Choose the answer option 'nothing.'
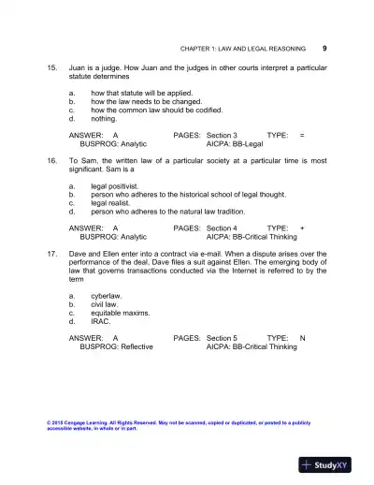104,119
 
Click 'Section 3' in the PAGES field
222,136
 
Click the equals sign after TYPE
302,136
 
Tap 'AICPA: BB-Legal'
235,144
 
